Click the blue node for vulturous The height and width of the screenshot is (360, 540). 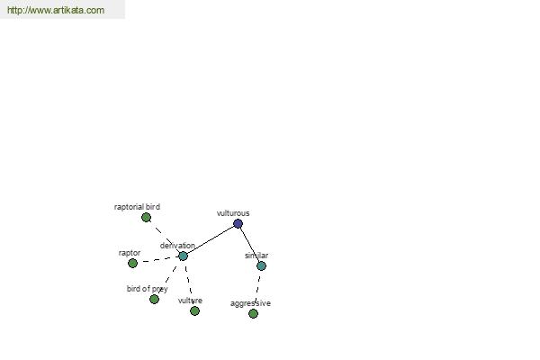click(238, 223)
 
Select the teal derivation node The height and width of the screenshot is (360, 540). click(184, 256)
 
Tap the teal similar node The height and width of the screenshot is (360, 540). click(261, 266)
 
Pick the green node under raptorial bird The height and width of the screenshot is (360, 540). click(146, 218)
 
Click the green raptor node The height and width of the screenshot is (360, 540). click(132, 263)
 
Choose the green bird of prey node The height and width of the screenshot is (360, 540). click(154, 299)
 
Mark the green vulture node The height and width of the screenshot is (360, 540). click(194, 311)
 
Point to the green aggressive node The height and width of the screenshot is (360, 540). click(253, 313)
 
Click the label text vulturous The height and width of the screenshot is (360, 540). click(233, 213)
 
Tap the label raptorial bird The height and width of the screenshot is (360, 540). click(137, 207)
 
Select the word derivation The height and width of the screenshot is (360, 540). click(177, 246)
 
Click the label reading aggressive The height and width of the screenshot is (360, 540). click(250, 303)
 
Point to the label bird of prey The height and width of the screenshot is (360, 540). click(147, 289)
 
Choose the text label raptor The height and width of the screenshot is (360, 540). click(130, 253)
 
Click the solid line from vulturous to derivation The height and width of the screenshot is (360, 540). click(211, 239)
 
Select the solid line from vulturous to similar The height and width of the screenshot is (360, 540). click(249, 245)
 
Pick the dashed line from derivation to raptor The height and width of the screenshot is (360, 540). click(158, 260)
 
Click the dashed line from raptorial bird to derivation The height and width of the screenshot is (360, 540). click(165, 237)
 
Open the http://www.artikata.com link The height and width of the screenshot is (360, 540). click(56, 10)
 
